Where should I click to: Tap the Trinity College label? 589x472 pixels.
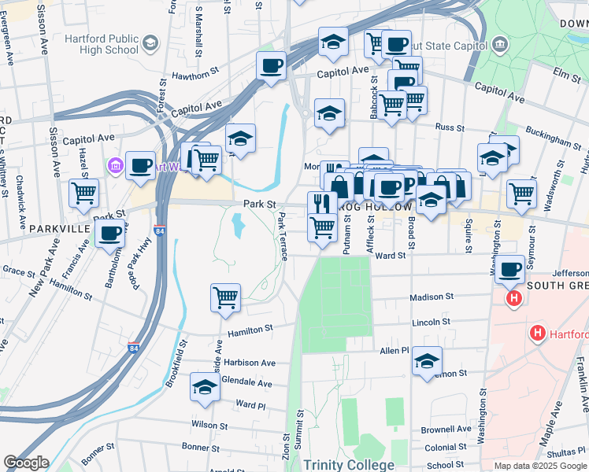348,465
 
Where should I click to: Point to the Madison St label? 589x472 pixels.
432,297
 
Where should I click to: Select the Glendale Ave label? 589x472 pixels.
247,384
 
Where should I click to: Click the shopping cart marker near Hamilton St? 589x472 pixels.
225,298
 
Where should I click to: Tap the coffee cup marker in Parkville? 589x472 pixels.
109,232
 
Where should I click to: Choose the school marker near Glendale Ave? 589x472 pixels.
205,387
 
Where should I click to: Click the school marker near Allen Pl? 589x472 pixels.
428,360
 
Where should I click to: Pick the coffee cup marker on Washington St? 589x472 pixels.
510,269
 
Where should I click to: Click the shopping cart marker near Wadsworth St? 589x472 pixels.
521,193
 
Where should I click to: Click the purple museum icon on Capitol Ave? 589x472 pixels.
116,166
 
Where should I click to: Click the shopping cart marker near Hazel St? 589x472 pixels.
83,192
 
